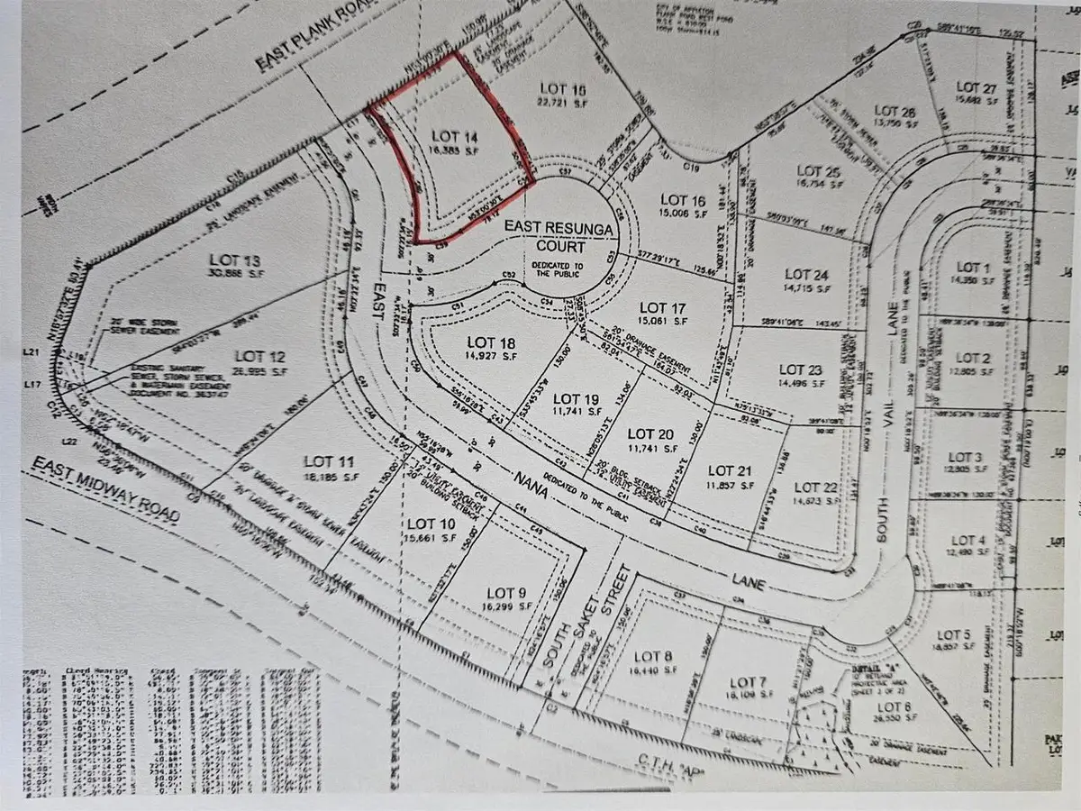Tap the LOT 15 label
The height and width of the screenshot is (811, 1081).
[x=563, y=88]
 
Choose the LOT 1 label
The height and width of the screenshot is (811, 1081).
[x=972, y=268]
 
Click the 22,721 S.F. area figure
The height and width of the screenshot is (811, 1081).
[x=563, y=103]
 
